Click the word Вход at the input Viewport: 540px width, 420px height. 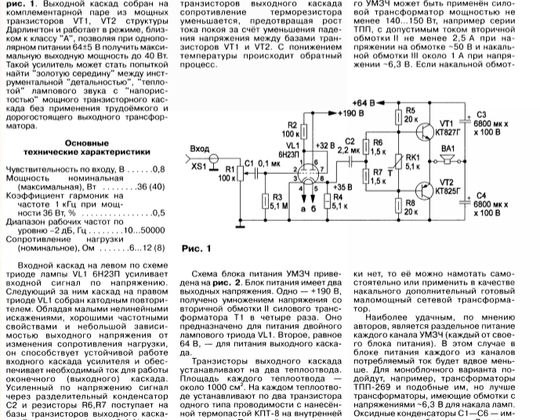(201, 149)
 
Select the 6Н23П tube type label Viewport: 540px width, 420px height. (271, 156)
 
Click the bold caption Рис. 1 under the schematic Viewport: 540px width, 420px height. (198, 251)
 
